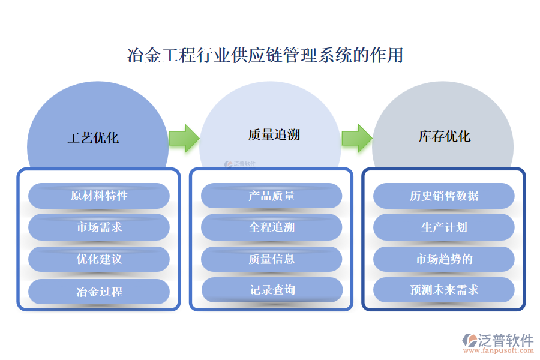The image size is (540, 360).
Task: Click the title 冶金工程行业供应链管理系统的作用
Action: (265, 55)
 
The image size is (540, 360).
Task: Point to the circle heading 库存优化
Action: (445, 136)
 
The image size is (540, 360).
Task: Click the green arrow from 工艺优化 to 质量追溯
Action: (184, 137)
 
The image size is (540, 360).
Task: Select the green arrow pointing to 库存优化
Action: (356, 137)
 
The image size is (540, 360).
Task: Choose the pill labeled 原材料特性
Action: (99, 196)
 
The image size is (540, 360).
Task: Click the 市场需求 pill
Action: (99, 227)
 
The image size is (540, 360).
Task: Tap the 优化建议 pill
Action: (99, 259)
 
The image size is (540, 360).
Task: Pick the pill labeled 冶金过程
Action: (99, 292)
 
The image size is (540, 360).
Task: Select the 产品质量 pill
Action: (271, 196)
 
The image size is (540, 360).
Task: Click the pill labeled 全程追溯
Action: (271, 227)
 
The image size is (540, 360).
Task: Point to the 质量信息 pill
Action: (271, 259)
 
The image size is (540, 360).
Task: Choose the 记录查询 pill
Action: (272, 290)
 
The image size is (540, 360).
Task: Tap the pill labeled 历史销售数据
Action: (444, 196)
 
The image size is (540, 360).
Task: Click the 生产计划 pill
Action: (444, 227)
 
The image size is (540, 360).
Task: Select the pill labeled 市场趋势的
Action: (444, 259)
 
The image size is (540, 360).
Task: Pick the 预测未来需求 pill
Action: (444, 290)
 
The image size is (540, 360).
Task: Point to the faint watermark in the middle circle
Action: (240, 163)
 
